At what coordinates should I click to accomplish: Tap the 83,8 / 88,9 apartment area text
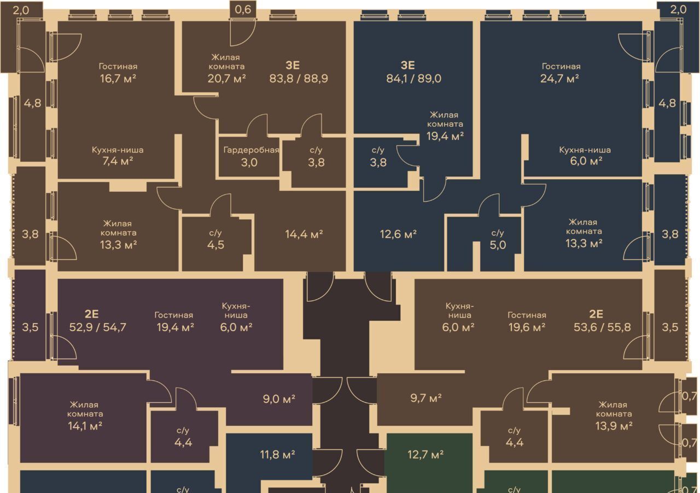(x=299, y=78)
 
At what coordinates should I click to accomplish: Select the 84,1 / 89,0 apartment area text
(x=414, y=78)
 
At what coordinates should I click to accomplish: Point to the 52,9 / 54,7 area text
(x=98, y=327)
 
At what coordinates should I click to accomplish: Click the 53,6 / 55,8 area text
(x=602, y=327)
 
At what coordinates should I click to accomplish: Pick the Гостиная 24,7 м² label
(x=561, y=73)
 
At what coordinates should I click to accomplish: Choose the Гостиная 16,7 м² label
(x=118, y=73)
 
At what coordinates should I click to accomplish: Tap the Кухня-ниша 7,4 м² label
(x=118, y=156)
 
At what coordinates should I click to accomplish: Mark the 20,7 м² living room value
(x=226, y=78)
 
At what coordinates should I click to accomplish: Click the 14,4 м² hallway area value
(x=304, y=234)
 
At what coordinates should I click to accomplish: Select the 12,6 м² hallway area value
(x=399, y=234)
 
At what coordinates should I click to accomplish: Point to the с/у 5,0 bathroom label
(x=498, y=239)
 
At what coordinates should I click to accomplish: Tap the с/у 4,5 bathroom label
(x=215, y=239)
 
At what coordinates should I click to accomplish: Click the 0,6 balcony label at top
(x=243, y=9)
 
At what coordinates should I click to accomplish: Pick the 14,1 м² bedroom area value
(x=85, y=426)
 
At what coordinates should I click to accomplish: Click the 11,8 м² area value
(x=277, y=454)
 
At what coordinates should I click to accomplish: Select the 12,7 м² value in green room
(x=425, y=454)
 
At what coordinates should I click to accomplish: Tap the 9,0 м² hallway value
(x=279, y=399)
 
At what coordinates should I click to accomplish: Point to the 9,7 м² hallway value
(x=426, y=398)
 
